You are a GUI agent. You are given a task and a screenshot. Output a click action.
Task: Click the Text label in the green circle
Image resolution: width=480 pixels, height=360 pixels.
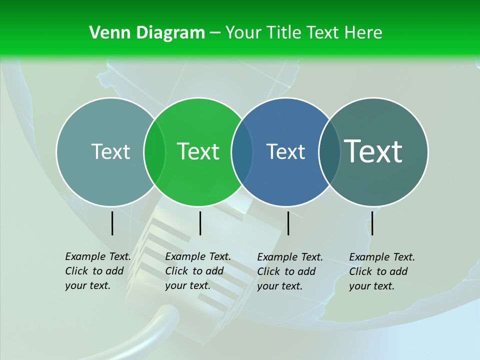pos(198,151)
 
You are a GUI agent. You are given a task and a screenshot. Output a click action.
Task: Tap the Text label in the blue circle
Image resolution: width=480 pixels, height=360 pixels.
pos(286,151)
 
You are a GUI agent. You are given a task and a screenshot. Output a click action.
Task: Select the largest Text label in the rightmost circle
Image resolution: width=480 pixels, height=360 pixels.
pos(373,151)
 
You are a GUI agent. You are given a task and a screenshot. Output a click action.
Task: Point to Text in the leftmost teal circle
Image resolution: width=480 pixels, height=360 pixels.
pos(110,151)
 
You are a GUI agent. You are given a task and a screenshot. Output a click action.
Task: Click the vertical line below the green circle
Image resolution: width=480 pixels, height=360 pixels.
pos(200,223)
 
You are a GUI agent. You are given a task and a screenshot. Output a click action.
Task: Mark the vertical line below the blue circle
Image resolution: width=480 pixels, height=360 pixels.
pos(288,223)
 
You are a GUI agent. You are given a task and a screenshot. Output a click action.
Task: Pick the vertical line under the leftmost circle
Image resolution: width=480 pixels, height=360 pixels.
pos(112,223)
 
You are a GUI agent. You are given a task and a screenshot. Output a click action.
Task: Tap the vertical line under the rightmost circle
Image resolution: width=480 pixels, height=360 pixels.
pos(372,223)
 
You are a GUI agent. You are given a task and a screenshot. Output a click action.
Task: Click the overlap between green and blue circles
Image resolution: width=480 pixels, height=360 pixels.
pos(242,152)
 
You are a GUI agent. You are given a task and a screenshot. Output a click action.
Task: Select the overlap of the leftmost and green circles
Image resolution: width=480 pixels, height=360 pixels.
pos(154,152)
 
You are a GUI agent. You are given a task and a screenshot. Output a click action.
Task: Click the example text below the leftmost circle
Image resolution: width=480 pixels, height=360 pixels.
pos(97,271)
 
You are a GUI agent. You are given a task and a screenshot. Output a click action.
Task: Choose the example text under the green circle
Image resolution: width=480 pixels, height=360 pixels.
pos(197,271)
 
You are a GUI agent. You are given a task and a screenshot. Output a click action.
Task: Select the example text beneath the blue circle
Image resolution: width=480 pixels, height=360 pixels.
pos(289,271)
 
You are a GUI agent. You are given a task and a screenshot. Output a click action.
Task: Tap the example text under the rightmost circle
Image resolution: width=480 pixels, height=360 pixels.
pos(381,271)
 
